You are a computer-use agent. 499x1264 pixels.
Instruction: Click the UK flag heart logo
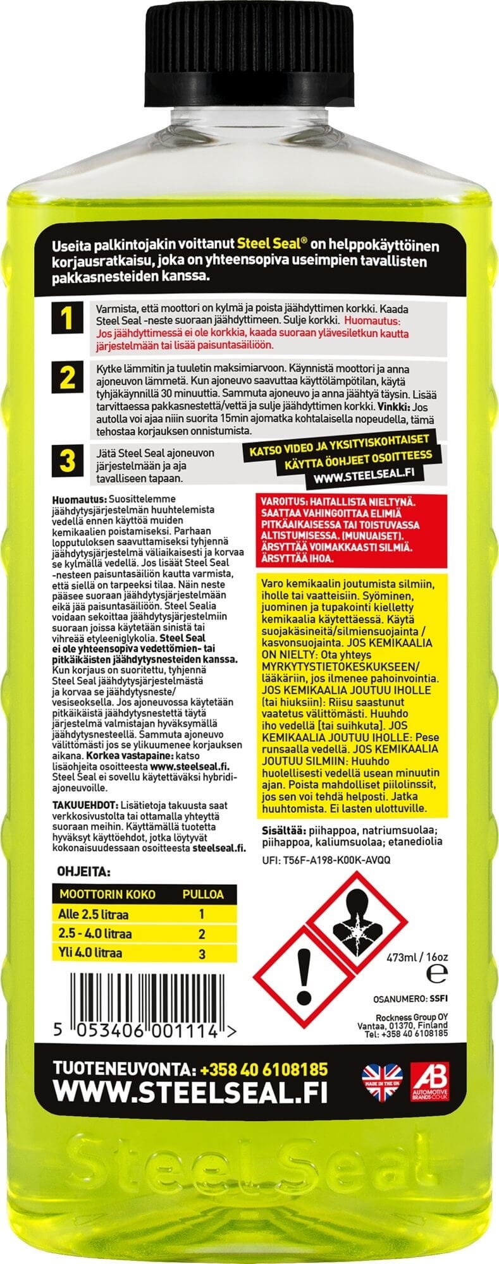(x=381, y=1083)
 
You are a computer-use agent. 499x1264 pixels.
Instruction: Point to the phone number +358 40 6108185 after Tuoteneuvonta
(x=263, y=1069)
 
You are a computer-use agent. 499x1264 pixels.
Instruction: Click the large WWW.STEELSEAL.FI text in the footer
(x=190, y=1093)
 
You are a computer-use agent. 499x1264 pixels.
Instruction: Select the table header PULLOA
(x=202, y=894)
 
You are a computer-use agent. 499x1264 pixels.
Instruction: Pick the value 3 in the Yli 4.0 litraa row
(x=202, y=953)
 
